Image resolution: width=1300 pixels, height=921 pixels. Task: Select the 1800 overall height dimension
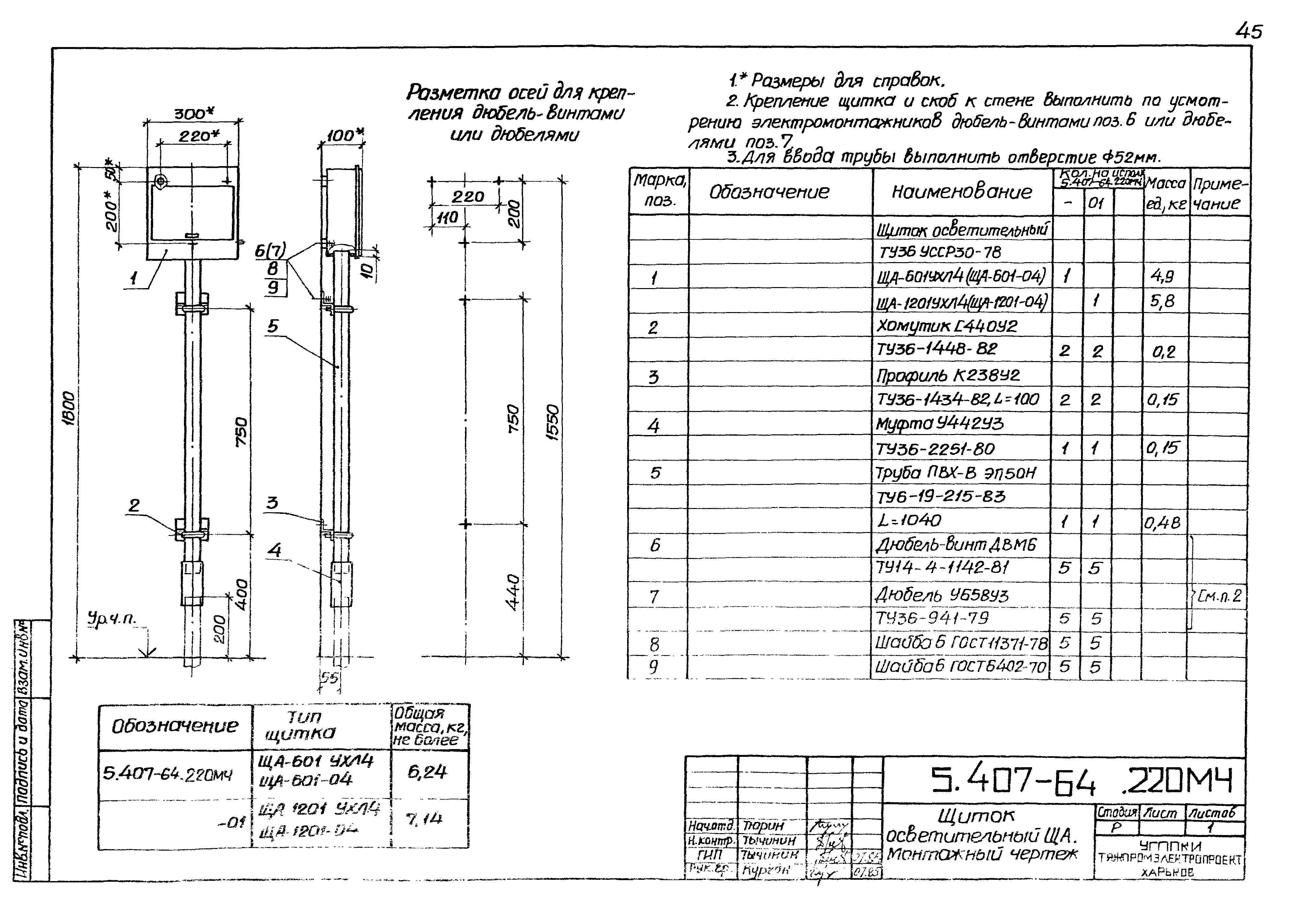[68, 408]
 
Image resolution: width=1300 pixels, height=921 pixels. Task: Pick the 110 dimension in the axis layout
[447, 218]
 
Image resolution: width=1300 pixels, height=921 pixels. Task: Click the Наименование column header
[961, 192]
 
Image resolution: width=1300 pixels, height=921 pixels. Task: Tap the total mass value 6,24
[427, 771]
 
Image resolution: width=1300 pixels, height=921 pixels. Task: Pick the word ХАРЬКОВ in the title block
[1167, 873]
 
